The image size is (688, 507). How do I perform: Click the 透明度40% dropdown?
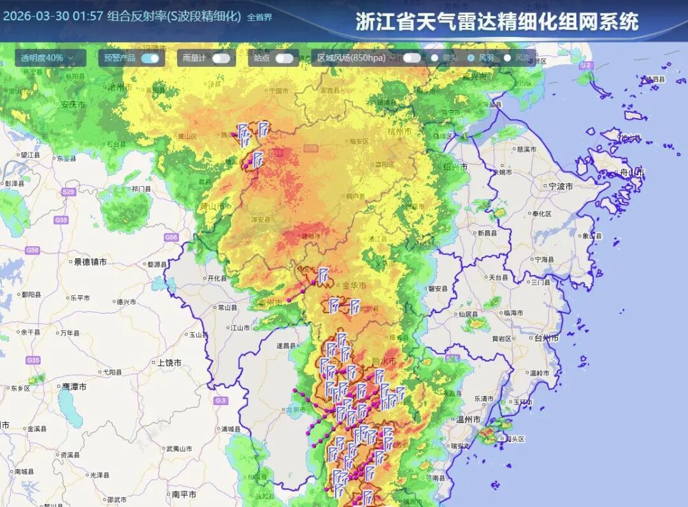(47, 58)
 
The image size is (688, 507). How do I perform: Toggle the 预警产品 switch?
(150, 58)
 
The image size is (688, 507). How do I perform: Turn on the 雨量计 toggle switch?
(221, 58)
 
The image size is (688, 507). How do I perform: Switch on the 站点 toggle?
(284, 58)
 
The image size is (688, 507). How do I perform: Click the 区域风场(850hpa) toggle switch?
(412, 58)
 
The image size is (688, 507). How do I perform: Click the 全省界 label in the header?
(259, 17)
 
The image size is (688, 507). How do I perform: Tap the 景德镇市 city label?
(90, 261)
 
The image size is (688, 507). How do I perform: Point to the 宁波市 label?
(560, 187)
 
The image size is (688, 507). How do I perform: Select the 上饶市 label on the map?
(169, 363)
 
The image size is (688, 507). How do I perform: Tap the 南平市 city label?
(183, 494)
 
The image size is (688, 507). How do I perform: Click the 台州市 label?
(546, 338)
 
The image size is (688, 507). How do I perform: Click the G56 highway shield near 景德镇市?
(32, 251)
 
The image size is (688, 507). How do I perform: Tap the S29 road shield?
(68, 192)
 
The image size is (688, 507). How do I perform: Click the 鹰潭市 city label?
(75, 387)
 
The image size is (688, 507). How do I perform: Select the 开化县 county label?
(217, 278)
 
